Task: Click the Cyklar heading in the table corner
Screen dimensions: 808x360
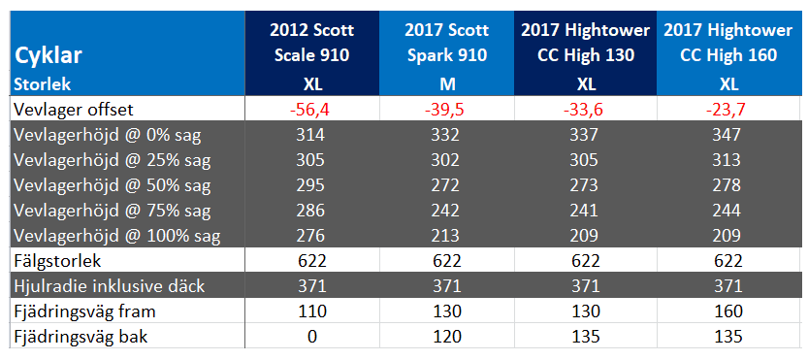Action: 48,55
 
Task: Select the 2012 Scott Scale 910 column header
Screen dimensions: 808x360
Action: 311,43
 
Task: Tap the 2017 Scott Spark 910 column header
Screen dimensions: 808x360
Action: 447,43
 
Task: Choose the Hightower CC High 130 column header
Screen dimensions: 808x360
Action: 586,43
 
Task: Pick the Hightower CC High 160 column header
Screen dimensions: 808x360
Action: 728,43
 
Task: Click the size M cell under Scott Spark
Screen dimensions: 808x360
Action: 447,83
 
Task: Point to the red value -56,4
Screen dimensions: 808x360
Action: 310,110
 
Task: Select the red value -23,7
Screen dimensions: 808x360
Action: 727,110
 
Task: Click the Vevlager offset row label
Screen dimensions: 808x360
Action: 73,110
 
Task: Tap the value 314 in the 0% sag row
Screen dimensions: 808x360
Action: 310,135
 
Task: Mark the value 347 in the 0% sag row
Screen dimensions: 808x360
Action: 727,135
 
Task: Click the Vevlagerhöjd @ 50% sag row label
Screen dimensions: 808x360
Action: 113,185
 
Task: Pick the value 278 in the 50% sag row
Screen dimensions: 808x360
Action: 727,185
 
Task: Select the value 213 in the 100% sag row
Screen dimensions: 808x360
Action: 447,236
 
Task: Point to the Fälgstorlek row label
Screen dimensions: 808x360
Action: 57,261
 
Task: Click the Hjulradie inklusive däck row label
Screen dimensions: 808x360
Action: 110,286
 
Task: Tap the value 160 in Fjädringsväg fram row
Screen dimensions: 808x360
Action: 727,311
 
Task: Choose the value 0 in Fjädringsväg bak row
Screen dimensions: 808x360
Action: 310,337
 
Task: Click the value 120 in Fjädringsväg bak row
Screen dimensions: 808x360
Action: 447,337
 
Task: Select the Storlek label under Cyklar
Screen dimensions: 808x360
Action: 43,83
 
